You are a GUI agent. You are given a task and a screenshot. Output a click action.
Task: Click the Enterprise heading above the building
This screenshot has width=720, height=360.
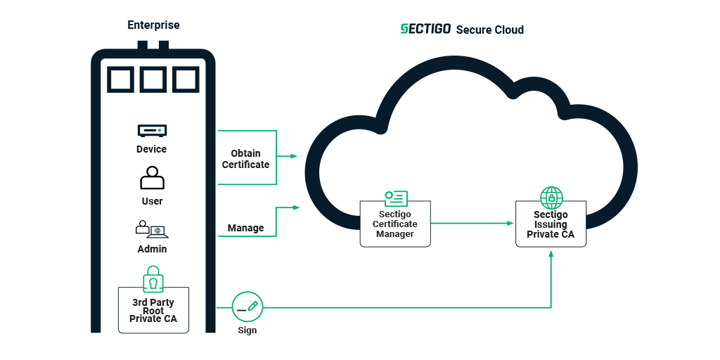click(x=153, y=25)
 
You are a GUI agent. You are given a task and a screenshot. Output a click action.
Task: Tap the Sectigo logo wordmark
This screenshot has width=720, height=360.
click(x=425, y=29)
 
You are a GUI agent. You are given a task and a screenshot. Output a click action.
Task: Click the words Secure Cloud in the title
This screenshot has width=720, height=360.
click(x=489, y=30)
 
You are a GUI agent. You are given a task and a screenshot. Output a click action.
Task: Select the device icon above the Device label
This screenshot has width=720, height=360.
click(x=152, y=131)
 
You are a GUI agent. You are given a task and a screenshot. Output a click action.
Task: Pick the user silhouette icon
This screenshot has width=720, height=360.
click(x=152, y=178)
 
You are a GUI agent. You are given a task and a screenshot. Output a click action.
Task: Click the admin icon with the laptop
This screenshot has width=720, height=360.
click(x=152, y=229)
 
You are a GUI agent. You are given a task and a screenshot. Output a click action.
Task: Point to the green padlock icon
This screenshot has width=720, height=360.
click(x=153, y=278)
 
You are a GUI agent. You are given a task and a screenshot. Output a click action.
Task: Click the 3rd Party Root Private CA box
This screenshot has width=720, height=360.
click(x=153, y=310)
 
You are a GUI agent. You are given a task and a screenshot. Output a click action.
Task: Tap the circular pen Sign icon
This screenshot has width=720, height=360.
click(x=247, y=307)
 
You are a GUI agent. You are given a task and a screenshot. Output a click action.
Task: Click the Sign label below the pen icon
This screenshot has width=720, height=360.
click(x=247, y=330)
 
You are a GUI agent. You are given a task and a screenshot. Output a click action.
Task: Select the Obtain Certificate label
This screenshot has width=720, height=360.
click(x=246, y=159)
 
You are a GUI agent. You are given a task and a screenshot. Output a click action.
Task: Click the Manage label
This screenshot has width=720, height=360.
click(x=246, y=228)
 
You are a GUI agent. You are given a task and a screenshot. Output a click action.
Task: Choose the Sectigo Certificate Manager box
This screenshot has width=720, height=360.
click(x=395, y=224)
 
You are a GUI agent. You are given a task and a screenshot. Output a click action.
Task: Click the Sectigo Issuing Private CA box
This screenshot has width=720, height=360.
click(x=551, y=224)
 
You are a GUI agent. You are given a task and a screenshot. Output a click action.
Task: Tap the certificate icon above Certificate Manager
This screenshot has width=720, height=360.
click(x=395, y=198)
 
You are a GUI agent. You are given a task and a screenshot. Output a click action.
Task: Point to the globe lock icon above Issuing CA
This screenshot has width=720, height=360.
click(x=551, y=197)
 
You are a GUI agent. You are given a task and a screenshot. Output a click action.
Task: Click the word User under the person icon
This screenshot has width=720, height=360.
click(x=152, y=201)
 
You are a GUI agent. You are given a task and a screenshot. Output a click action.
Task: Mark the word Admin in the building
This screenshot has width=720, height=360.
click(x=152, y=249)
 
